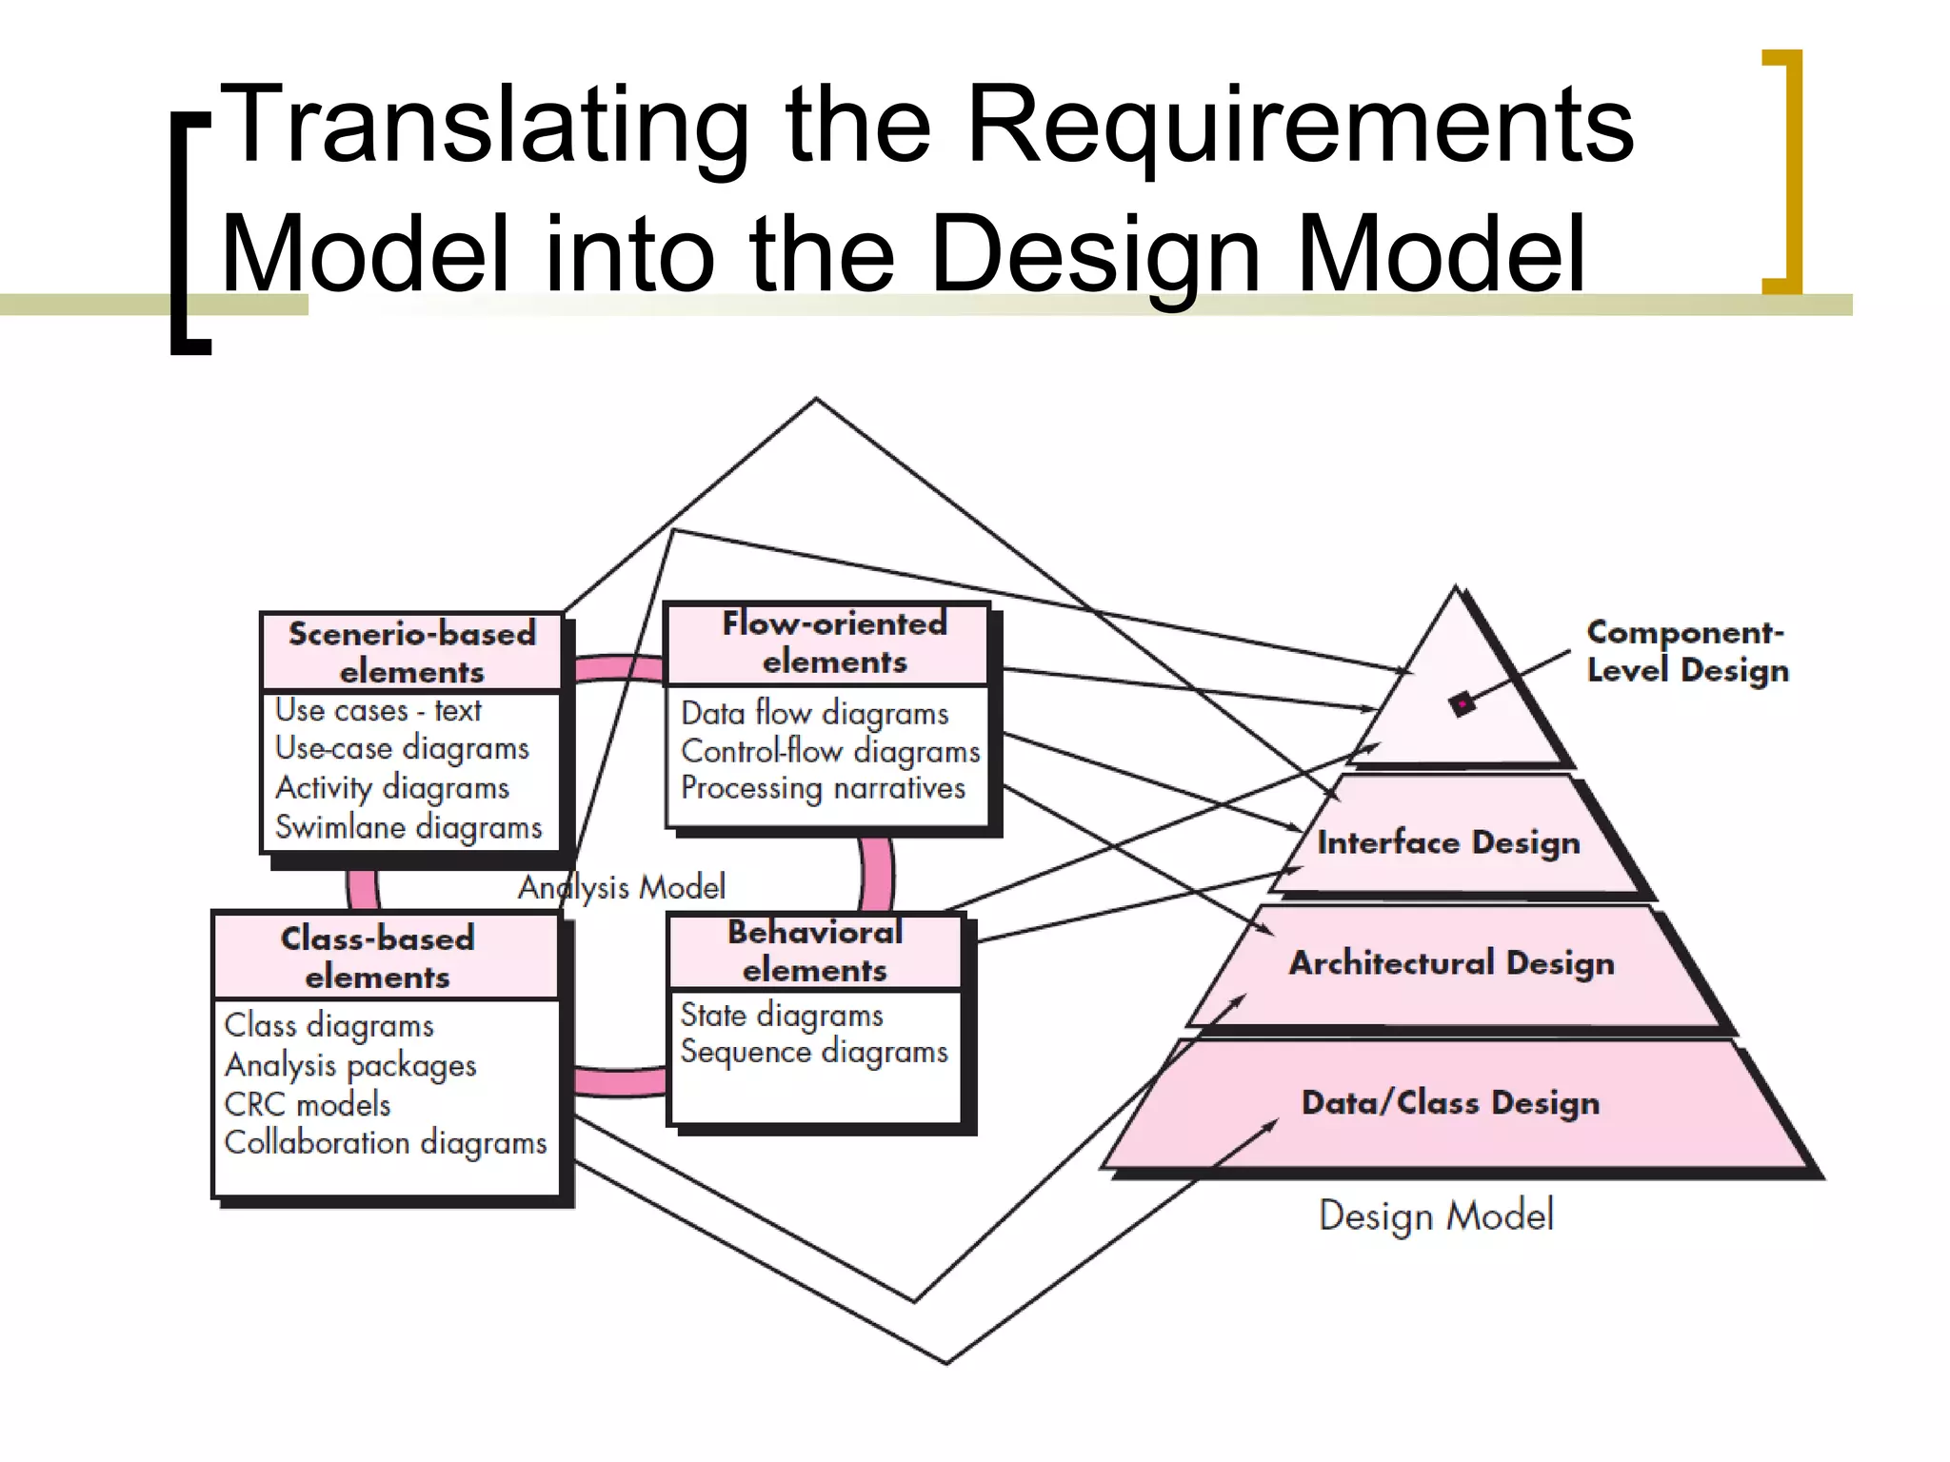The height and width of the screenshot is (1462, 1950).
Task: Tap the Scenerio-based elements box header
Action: click(411, 653)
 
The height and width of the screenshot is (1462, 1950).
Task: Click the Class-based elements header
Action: click(378, 957)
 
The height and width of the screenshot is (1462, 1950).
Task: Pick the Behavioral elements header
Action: click(815, 951)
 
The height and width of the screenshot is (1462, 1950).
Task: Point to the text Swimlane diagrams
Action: click(408, 827)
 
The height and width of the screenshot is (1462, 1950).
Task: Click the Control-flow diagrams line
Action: click(830, 751)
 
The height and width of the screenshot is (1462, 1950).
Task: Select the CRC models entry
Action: click(308, 1104)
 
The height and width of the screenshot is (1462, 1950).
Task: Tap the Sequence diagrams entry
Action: click(814, 1052)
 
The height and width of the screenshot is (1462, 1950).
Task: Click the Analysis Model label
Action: click(622, 887)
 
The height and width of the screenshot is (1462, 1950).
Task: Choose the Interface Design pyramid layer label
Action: click(1448, 842)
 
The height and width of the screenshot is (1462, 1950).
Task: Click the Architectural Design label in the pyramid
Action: click(1452, 963)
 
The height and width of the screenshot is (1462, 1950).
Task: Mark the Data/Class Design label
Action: click(1450, 1102)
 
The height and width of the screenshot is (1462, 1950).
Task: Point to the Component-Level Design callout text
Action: click(1687, 651)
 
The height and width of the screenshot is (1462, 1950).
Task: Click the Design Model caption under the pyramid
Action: click(1436, 1215)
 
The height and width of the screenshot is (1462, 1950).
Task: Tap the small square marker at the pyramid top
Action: click(1462, 704)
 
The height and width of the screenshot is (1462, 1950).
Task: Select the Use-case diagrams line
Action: click(402, 749)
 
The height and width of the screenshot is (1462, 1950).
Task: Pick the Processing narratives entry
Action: click(823, 788)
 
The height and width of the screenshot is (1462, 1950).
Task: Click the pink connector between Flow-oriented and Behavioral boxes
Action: click(877, 874)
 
